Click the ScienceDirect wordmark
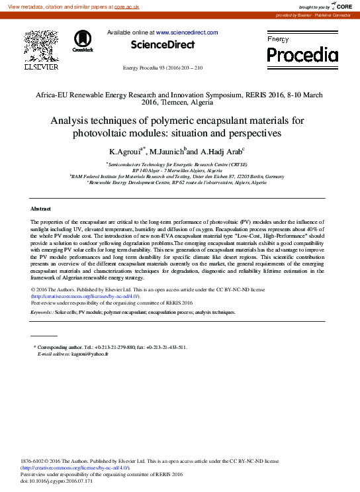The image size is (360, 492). (x=162, y=45)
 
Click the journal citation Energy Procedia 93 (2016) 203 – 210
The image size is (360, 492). (x=163, y=68)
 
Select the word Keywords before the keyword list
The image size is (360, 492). (x=42, y=311)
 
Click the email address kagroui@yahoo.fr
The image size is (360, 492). (x=89, y=354)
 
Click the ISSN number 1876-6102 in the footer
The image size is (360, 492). (x=32, y=460)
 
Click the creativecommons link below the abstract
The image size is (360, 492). (x=86, y=296)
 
